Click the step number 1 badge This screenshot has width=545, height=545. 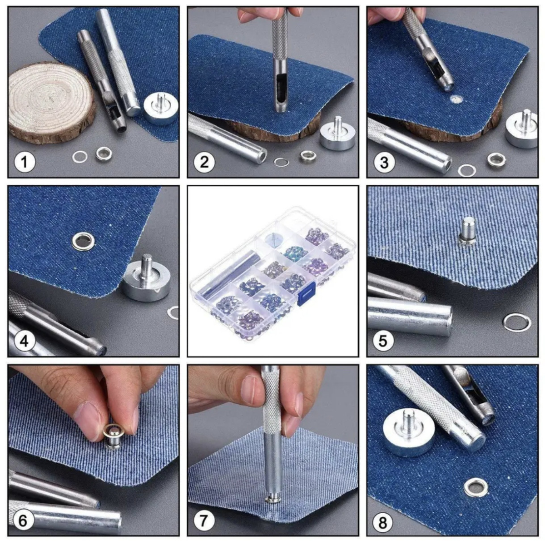tap(25, 162)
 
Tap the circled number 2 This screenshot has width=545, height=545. tap(204, 162)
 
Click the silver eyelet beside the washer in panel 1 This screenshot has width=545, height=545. tap(103, 153)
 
